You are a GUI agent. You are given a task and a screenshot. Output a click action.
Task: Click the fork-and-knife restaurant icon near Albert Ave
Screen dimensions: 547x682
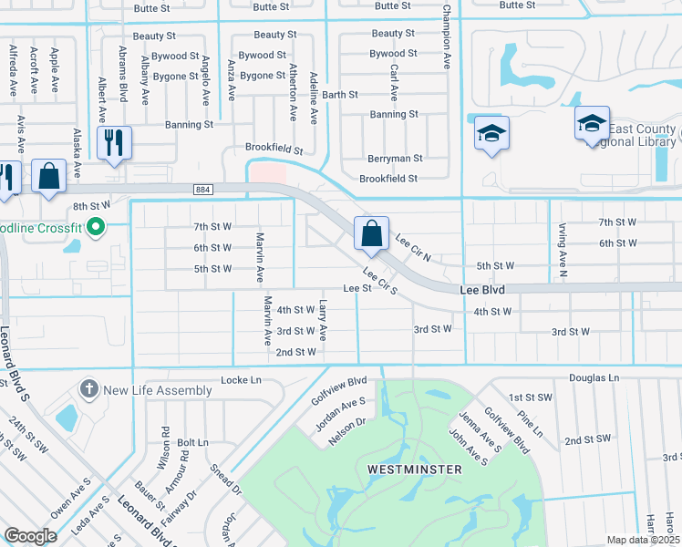click(114, 142)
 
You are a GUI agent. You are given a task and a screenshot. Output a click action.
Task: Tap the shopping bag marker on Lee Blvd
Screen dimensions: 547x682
click(372, 233)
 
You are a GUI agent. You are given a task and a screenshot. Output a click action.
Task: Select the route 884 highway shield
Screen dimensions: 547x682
click(203, 189)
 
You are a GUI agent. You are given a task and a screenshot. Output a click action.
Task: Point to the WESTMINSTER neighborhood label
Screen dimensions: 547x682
click(414, 469)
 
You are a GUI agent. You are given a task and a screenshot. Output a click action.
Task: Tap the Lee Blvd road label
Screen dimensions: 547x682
click(481, 288)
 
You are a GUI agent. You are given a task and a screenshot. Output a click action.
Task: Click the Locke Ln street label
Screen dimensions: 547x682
click(241, 379)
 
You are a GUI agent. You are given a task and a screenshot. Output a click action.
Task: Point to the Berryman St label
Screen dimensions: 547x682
click(395, 159)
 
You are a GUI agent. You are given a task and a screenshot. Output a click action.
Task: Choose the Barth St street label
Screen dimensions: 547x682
click(340, 95)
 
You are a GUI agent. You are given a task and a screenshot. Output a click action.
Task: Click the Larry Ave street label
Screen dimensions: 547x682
click(324, 323)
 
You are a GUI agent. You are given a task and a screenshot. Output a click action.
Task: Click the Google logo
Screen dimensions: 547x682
click(30, 536)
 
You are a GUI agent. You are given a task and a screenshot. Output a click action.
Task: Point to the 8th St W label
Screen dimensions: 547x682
click(91, 207)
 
